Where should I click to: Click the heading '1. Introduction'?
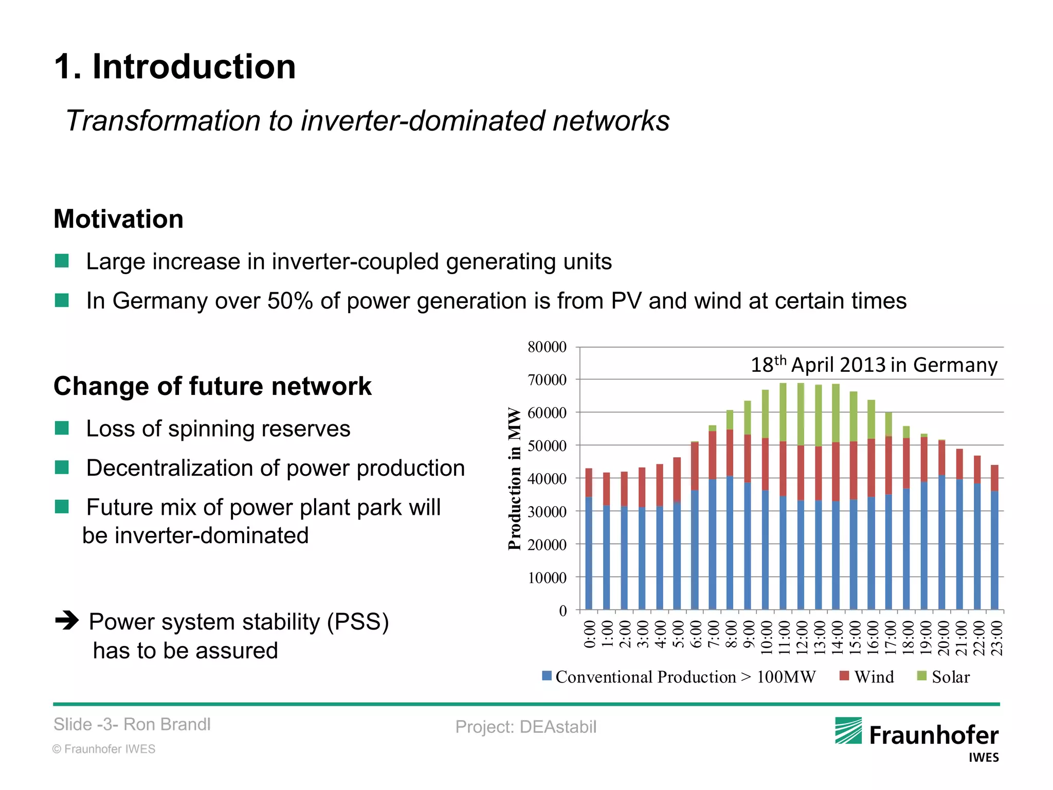point(175,67)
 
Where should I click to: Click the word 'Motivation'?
point(118,219)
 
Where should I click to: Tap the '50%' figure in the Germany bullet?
point(290,301)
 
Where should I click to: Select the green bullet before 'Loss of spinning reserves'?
point(62,428)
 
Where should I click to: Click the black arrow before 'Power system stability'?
point(67,621)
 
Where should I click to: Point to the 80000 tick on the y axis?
point(547,347)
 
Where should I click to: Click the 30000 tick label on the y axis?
point(547,512)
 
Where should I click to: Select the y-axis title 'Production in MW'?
point(514,478)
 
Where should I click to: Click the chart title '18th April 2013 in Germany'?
point(874,365)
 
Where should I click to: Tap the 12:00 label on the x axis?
point(802,638)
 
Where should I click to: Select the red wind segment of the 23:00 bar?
point(994,478)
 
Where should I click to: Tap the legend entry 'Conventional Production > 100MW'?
point(679,677)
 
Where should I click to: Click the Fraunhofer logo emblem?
point(848,731)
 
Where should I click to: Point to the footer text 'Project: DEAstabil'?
point(525,727)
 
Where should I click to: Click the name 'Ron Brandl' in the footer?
point(167,724)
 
